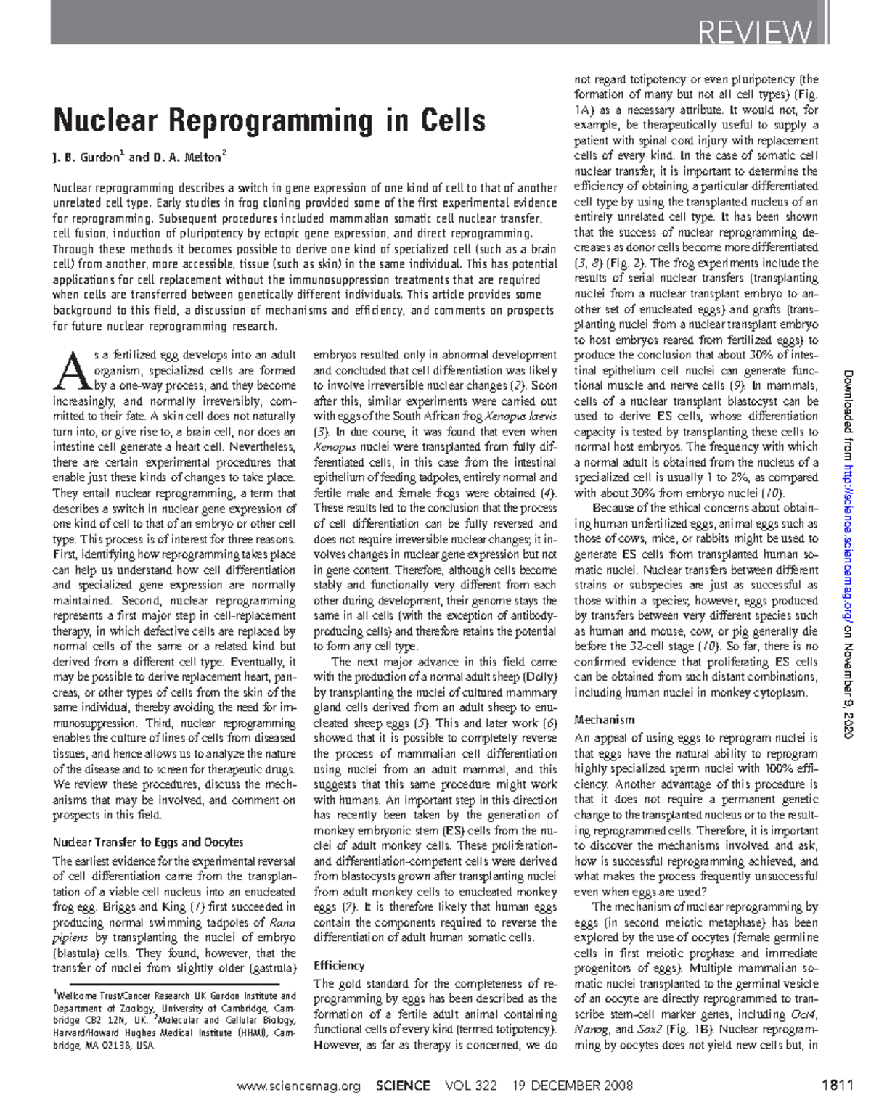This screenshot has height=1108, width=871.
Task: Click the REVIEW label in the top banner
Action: tap(754, 32)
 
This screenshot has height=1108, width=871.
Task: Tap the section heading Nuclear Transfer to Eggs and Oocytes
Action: tap(148, 842)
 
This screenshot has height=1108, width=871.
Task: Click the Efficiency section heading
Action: tap(338, 966)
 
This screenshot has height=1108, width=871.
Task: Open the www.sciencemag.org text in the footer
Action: tap(299, 1086)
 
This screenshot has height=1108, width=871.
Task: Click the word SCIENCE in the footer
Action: tap(404, 1086)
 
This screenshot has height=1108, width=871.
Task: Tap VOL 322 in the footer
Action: tap(472, 1086)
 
